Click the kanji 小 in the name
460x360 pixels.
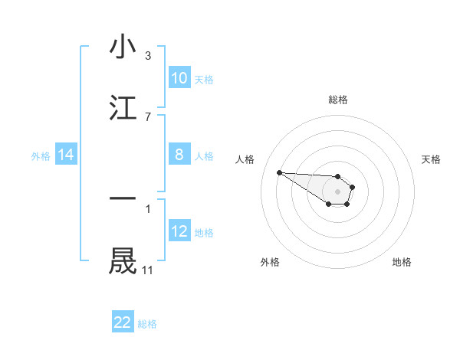(x=123, y=47)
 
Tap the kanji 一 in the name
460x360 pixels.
(x=123, y=198)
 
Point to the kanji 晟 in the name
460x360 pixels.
(x=123, y=260)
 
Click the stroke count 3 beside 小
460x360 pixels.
(x=148, y=56)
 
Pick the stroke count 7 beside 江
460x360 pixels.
(x=148, y=116)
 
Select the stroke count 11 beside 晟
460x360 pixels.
(x=148, y=270)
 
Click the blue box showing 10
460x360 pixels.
(x=179, y=78)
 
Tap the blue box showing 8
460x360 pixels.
(x=179, y=155)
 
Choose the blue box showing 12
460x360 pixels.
(x=179, y=231)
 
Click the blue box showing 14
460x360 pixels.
(x=66, y=155)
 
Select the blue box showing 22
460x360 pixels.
(x=123, y=322)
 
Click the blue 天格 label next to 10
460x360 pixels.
(x=204, y=79)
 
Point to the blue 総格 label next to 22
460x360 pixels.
(x=147, y=324)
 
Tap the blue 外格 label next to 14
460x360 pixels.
(x=41, y=155)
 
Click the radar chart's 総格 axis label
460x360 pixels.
(x=338, y=100)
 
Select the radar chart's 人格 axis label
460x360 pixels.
(x=246, y=159)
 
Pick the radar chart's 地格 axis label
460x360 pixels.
(x=402, y=262)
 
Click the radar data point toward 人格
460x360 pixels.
(x=279, y=172)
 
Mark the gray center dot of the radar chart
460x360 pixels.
(x=337, y=191)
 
